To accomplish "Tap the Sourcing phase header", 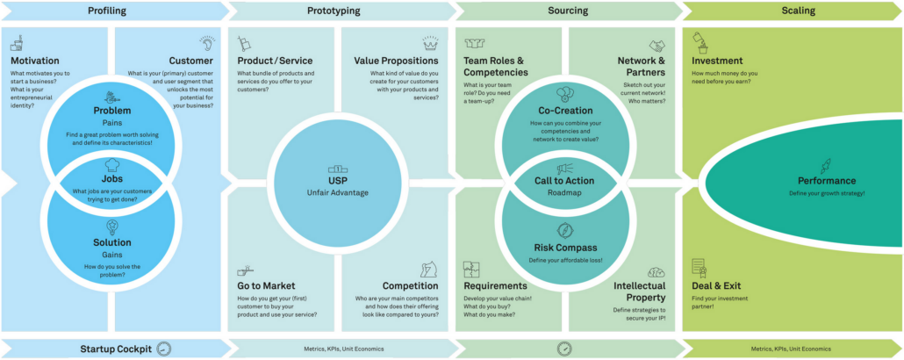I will (x=567, y=11).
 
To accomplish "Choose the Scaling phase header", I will (x=798, y=11).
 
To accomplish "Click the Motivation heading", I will (x=35, y=61).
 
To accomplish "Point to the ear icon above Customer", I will (x=207, y=43).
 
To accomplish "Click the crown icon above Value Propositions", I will (x=429, y=43).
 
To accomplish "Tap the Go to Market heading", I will (x=266, y=286).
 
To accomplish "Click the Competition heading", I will (x=411, y=286).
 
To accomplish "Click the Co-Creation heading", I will (x=565, y=111).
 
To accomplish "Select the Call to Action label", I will (x=564, y=181).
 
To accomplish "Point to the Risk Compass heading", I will (x=564, y=248).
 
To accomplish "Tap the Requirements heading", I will (x=495, y=286).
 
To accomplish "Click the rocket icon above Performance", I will (x=826, y=164).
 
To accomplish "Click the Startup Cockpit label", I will (x=111, y=349).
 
